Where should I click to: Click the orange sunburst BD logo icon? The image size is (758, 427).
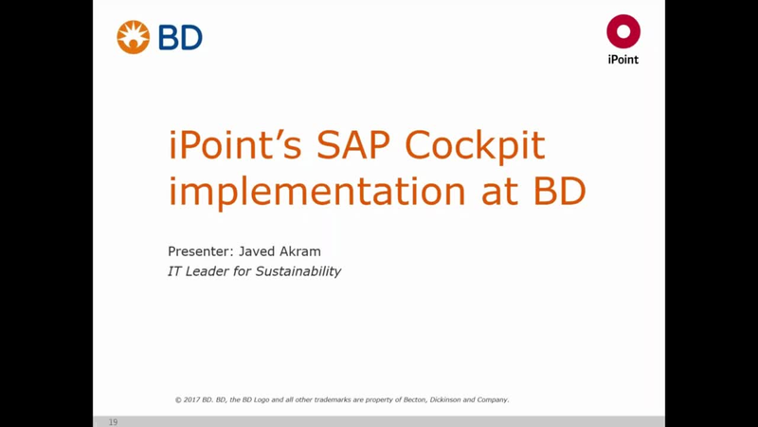[x=133, y=37]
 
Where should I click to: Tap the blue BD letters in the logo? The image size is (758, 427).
[x=180, y=38]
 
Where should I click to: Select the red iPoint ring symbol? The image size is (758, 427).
[x=623, y=31]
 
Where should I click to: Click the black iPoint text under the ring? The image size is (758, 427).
[x=623, y=60]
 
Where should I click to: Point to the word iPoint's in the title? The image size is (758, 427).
[x=235, y=144]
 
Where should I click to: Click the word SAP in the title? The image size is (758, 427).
[x=352, y=144]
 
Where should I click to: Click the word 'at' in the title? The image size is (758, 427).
[x=499, y=192]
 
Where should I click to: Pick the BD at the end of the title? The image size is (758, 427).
[x=559, y=191]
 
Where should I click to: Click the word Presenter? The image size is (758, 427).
[x=201, y=251]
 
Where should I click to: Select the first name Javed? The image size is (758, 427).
[x=257, y=251]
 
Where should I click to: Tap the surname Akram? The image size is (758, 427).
[x=300, y=251]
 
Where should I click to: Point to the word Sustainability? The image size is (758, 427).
[x=298, y=271]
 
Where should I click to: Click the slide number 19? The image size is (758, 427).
[x=113, y=422]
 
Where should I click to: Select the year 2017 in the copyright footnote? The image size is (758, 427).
[x=191, y=399]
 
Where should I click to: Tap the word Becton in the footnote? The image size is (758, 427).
[x=415, y=399]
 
